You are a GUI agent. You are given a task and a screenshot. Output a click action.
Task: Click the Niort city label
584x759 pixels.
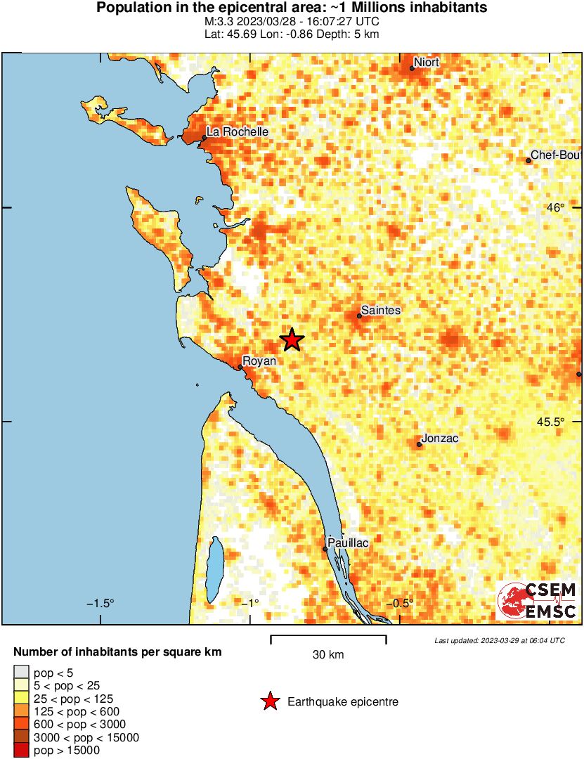pyautogui.click(x=427, y=63)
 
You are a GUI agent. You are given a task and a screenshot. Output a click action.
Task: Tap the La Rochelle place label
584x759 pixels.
pyautogui.click(x=237, y=131)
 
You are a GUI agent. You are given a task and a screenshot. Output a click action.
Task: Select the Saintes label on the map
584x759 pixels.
pyautogui.click(x=380, y=310)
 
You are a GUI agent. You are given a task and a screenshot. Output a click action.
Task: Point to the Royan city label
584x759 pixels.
pyautogui.click(x=259, y=361)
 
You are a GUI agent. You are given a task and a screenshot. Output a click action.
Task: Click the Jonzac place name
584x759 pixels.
pyautogui.click(x=441, y=439)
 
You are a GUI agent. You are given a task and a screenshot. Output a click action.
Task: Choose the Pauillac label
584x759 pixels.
pyautogui.click(x=348, y=543)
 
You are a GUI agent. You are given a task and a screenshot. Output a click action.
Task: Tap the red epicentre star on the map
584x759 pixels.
pyautogui.click(x=292, y=340)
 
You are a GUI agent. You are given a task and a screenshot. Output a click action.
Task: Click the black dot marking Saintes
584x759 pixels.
pyautogui.click(x=359, y=316)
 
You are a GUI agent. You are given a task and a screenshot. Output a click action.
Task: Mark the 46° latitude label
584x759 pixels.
pyautogui.click(x=556, y=207)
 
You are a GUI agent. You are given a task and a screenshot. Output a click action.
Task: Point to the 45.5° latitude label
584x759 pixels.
pyautogui.click(x=550, y=422)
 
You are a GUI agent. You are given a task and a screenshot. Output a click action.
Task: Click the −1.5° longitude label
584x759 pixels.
pyautogui.click(x=100, y=604)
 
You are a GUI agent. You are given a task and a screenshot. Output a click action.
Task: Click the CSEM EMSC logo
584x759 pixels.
pyautogui.click(x=538, y=601)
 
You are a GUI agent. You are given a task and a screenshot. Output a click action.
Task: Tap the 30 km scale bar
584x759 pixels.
pyautogui.click(x=328, y=640)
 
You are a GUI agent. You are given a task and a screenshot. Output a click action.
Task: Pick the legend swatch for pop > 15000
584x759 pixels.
pyautogui.click(x=22, y=751)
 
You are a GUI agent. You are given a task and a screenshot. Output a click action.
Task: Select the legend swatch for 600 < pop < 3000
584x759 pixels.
pyautogui.click(x=22, y=725)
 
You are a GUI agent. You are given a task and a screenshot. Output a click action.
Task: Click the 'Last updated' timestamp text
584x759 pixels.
pyautogui.click(x=500, y=641)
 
